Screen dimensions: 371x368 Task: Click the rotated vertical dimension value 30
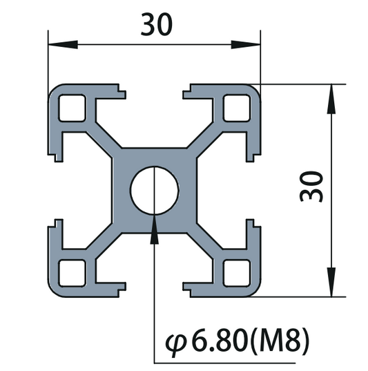311,187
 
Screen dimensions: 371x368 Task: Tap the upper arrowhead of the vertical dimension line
332,97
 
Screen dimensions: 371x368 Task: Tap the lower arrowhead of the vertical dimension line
332,283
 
